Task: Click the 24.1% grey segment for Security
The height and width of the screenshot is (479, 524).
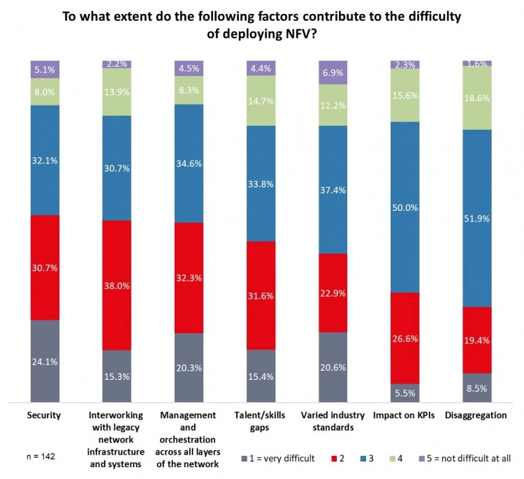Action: pos(45,361)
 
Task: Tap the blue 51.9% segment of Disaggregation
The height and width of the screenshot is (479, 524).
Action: pos(476,218)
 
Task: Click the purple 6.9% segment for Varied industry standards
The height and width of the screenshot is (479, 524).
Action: pos(333,72)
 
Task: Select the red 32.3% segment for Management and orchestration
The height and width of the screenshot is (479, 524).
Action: pos(189,278)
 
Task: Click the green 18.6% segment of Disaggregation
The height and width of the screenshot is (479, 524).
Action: pos(476,98)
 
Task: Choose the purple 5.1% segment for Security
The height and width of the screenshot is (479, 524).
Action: pos(45,69)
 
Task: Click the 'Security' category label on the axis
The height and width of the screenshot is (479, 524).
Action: pos(45,415)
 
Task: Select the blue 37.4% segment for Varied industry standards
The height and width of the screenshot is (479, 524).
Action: pos(333,189)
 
